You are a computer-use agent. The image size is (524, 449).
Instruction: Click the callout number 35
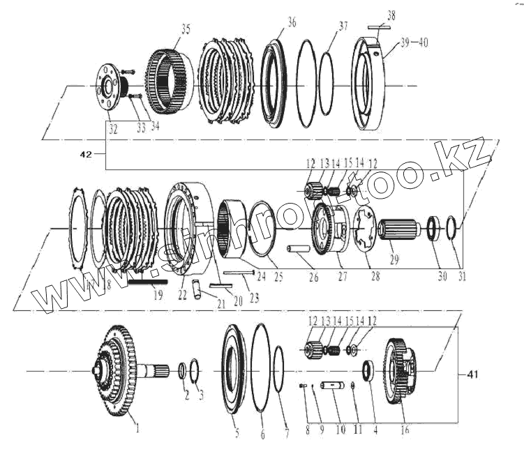click(185, 29)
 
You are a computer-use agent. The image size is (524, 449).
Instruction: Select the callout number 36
click(290, 23)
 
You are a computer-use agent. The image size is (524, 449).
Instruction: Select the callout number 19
click(158, 295)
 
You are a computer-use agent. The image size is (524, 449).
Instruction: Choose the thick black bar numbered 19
click(149, 283)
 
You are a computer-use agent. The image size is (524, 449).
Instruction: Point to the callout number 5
click(237, 433)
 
